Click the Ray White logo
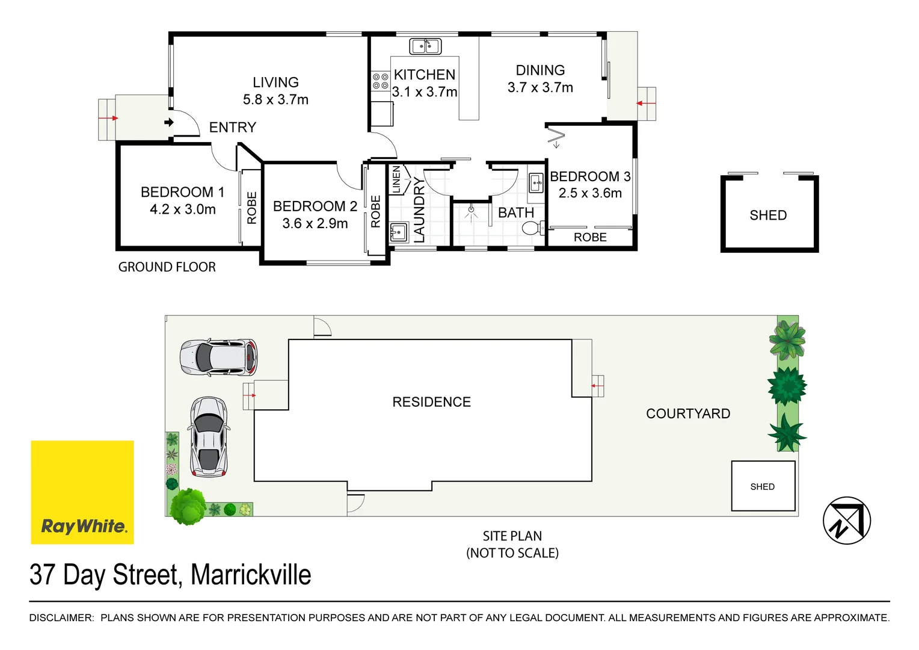pyautogui.click(x=82, y=492)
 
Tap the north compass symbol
pyautogui.click(x=846, y=521)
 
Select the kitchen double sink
pyautogui.click(x=425, y=46)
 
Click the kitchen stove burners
pyautogui.click(x=380, y=81)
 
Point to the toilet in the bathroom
pyautogui.click(x=532, y=228)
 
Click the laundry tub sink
pyautogui.click(x=398, y=231)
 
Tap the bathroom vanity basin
pyautogui.click(x=536, y=182)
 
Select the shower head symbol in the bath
pyautogui.click(x=471, y=211)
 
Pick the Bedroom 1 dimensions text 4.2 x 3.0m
pyautogui.click(x=183, y=209)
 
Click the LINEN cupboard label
pyautogui.click(x=396, y=179)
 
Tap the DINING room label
pyautogui.click(x=540, y=70)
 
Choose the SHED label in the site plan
pyautogui.click(x=762, y=487)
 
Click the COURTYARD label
pyautogui.click(x=688, y=413)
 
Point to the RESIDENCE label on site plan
pyautogui.click(x=431, y=402)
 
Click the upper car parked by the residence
pyautogui.click(x=218, y=357)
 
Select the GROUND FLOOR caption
pyautogui.click(x=167, y=267)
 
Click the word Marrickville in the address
pyautogui.click(x=251, y=575)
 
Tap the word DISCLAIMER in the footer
pyautogui.click(x=61, y=617)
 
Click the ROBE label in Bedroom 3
pyautogui.click(x=590, y=238)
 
